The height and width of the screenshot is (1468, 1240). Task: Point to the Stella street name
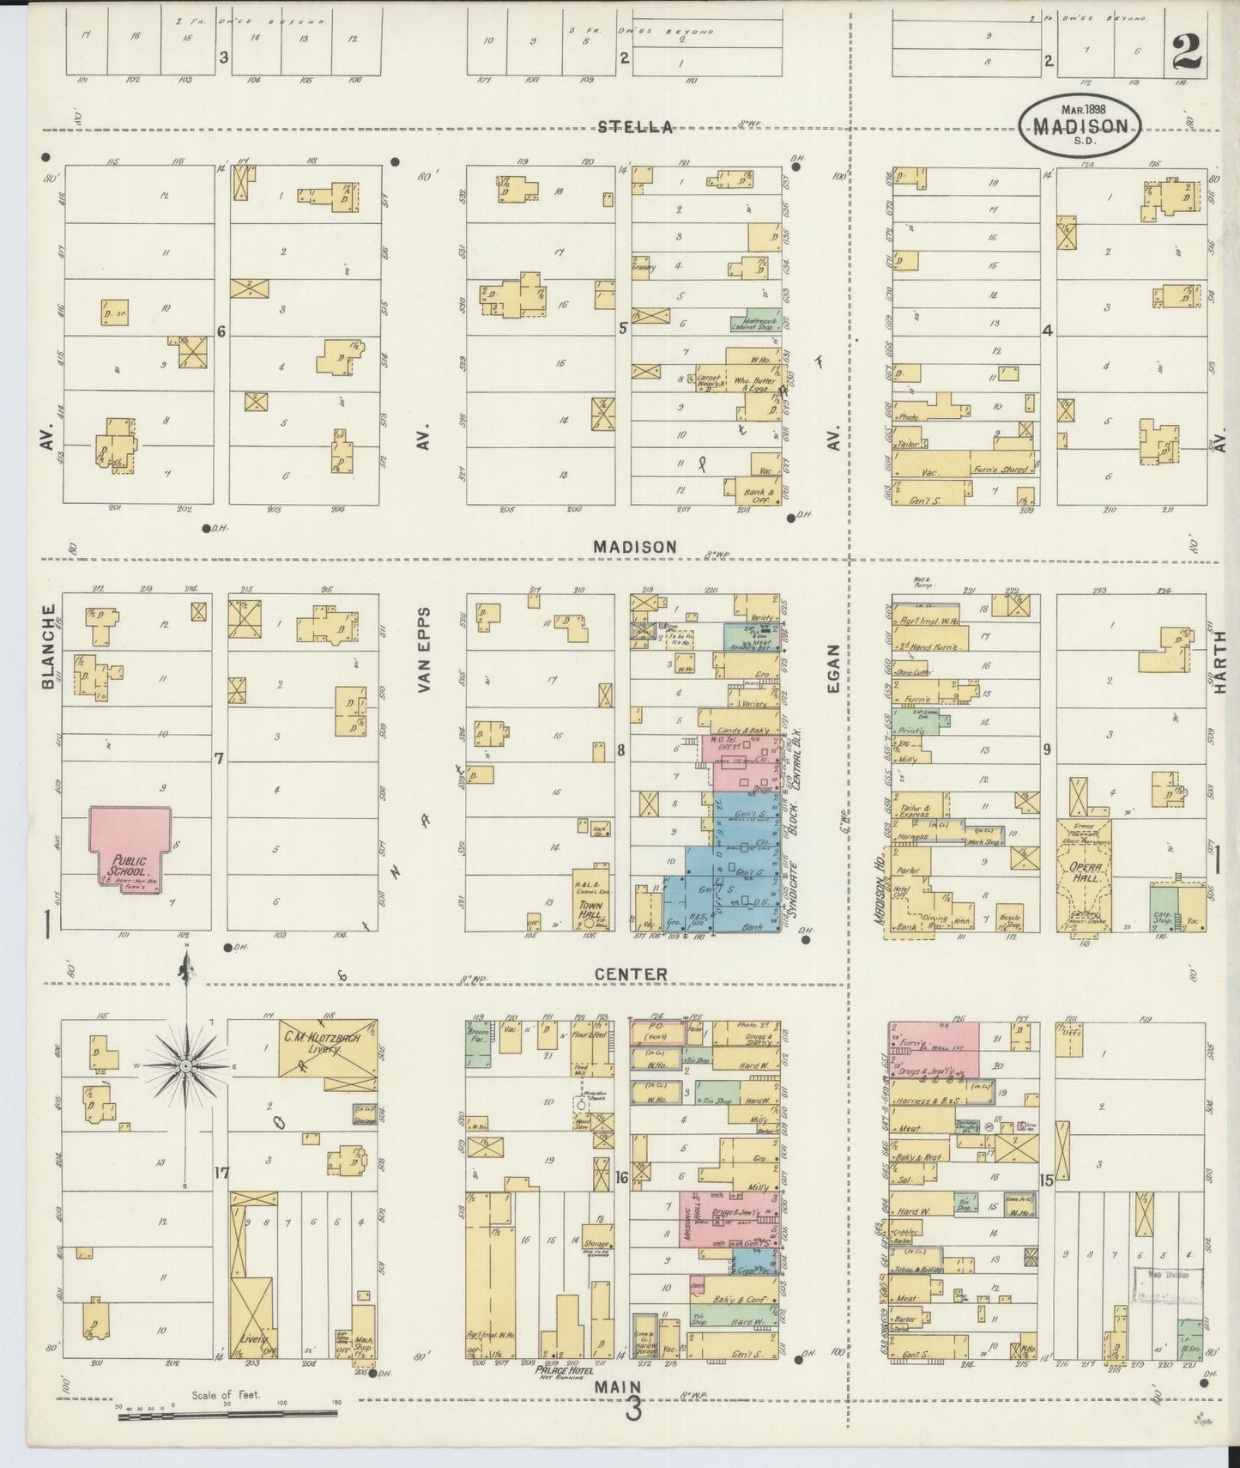coord(635,128)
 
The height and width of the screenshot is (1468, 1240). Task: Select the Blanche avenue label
coord(48,646)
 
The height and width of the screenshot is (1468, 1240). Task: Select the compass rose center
coord(184,1065)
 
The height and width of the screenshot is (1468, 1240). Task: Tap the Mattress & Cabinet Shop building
coord(753,321)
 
